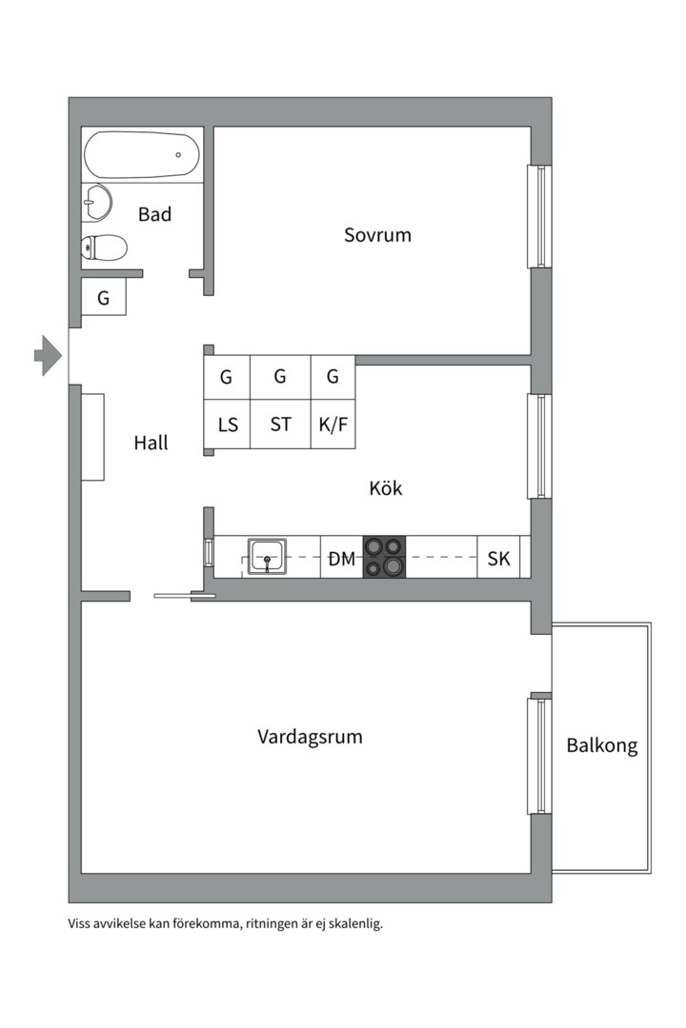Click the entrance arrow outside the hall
48,355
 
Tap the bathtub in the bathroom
142,155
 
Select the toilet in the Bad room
104,247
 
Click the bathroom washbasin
96,202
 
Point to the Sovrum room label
377,235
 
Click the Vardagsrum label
310,737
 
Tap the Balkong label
602,746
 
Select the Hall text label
151,443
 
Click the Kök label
386,487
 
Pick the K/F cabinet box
333,425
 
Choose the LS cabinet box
227,425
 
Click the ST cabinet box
280,425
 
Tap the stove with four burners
384,557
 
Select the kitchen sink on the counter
267,556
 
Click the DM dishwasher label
341,559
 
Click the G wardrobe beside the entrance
103,298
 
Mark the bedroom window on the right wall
539,216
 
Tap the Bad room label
155,214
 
